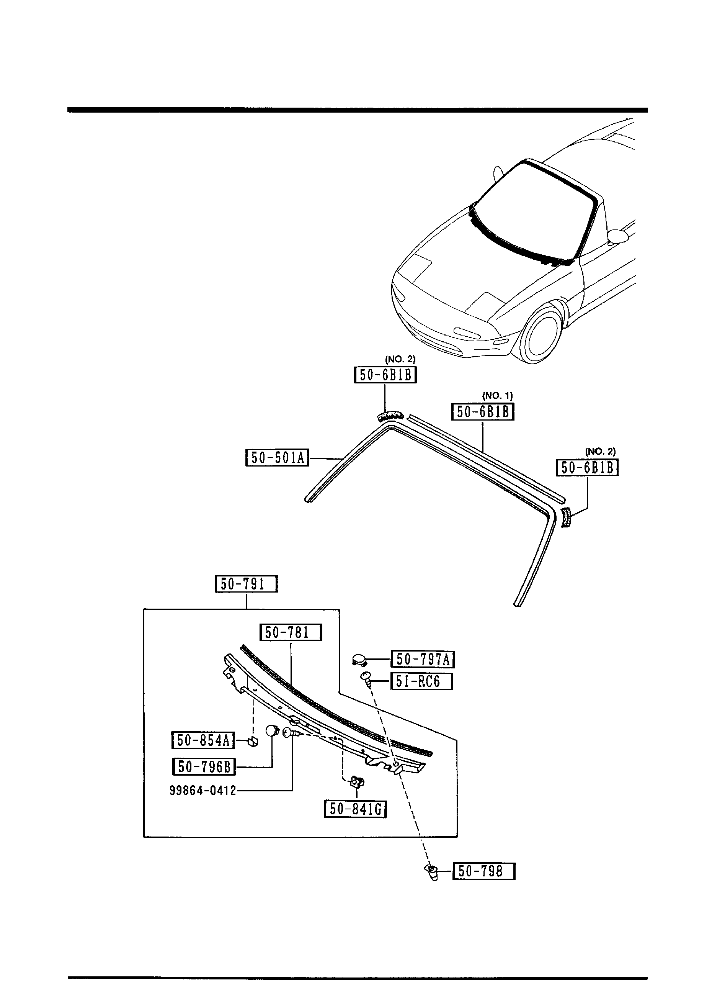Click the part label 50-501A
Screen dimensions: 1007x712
277,458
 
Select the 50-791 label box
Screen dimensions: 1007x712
246,584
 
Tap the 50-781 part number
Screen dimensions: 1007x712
291,632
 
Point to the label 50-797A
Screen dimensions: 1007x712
422,659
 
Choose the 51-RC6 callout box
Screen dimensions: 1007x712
421,681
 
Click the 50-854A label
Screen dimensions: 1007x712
203,740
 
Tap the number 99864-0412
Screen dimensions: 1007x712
202,790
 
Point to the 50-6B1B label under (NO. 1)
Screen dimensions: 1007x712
482,412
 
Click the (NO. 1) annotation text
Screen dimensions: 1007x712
497,396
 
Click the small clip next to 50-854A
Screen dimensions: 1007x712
253,742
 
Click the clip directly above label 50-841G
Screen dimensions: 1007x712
356,781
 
